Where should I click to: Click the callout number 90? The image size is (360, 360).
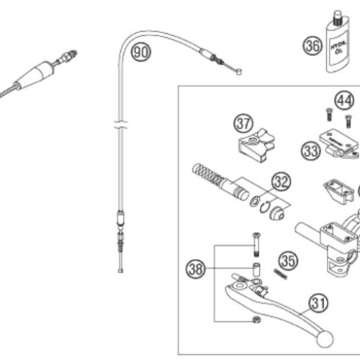point(141,52)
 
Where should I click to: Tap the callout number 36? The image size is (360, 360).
point(312,45)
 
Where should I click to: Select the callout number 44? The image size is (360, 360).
point(344,100)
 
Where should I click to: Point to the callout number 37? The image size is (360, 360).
point(243,123)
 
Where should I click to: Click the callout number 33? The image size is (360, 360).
point(311,150)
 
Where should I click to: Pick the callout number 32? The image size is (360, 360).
point(281,181)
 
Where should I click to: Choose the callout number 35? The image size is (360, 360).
point(288,261)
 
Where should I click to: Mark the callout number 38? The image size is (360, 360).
point(196,269)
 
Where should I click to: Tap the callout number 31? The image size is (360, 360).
point(318,302)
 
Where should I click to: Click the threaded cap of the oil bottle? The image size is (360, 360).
point(338,18)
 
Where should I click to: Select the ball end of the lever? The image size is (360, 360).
point(325,338)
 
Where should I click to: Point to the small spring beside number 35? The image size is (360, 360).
point(280,274)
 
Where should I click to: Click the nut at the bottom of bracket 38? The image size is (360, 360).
point(257,320)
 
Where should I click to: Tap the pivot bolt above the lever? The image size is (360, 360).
point(256,245)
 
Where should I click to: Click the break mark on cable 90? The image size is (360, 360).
point(121,125)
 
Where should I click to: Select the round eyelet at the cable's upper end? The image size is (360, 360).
point(238,71)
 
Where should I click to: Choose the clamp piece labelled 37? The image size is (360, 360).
point(256,145)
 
